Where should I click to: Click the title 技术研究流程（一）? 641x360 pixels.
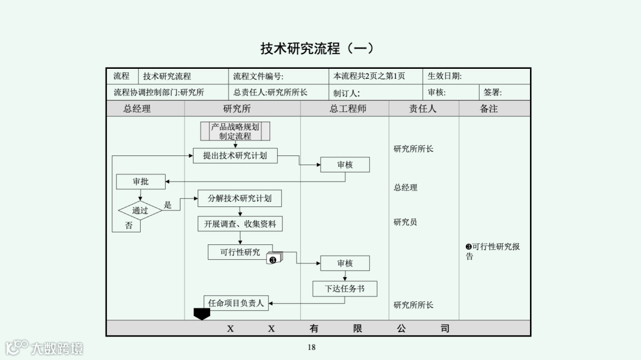coord(318,48)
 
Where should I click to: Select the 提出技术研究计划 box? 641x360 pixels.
coord(235,156)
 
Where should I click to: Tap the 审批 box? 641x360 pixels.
coord(141,181)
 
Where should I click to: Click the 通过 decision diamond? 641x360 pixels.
coord(140,211)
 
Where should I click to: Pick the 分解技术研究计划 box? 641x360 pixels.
coord(239,198)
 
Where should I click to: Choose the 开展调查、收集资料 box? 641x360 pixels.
coord(240,224)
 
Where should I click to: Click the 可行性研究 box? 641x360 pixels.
coord(240,252)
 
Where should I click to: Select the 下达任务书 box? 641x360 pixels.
coord(345,289)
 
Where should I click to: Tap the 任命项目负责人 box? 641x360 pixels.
coord(236,303)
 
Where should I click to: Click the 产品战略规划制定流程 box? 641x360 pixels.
coord(235,131)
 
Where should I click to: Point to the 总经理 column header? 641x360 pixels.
coord(137,109)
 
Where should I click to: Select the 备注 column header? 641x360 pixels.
coord(488,109)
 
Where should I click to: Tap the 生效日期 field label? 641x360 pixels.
coord(445,76)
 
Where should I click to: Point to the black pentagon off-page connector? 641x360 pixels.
coord(202,314)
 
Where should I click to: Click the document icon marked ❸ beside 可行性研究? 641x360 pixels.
coord(274,259)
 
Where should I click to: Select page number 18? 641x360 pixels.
coord(312,348)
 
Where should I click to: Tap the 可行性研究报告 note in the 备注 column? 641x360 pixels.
coord(493,251)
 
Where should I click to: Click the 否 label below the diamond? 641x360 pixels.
coord(129,226)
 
